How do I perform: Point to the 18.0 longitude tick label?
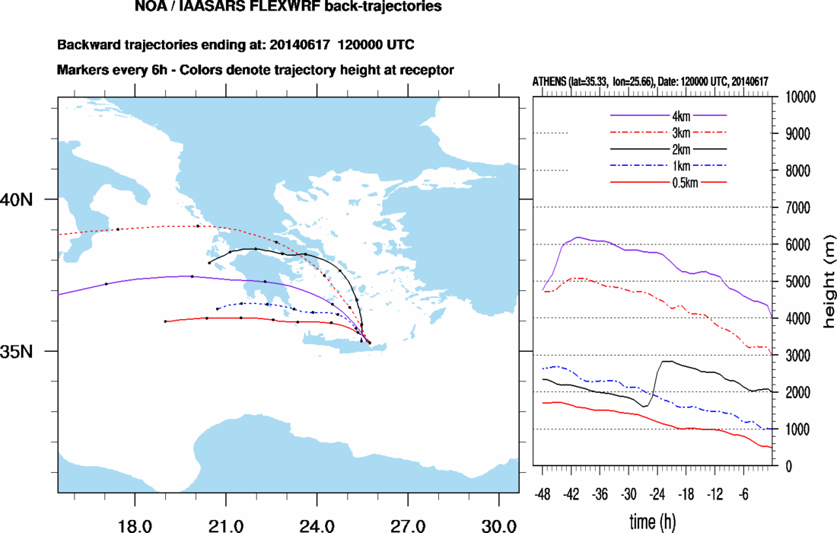[x=134, y=525]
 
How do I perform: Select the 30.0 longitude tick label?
[x=498, y=525]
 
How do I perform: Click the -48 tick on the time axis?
[x=543, y=494]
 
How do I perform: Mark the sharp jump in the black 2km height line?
[x=656, y=381]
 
